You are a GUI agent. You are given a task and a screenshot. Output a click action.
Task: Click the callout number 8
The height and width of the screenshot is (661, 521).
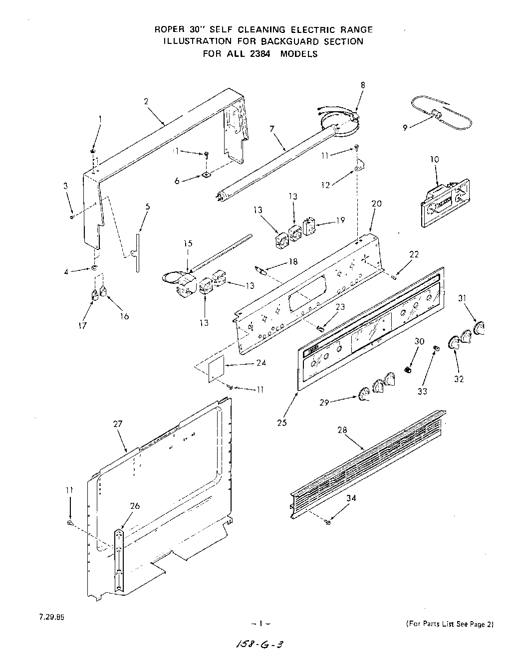(363, 85)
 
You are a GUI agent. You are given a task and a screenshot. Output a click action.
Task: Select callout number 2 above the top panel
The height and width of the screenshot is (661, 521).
(146, 101)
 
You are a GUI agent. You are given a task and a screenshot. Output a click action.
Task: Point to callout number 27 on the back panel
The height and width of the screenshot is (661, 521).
(118, 424)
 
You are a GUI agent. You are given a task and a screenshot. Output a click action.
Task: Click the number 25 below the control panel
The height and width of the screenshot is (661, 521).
(282, 423)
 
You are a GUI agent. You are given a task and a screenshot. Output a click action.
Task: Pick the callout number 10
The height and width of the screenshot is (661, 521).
(435, 160)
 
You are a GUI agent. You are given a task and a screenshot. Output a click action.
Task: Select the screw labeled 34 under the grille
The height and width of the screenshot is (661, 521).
(327, 522)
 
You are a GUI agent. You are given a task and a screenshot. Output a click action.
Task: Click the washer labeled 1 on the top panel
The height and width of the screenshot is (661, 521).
(93, 152)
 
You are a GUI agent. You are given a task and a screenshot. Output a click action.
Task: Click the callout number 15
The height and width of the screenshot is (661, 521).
(187, 244)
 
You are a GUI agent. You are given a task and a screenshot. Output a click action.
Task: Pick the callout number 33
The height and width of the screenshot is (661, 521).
(422, 391)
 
